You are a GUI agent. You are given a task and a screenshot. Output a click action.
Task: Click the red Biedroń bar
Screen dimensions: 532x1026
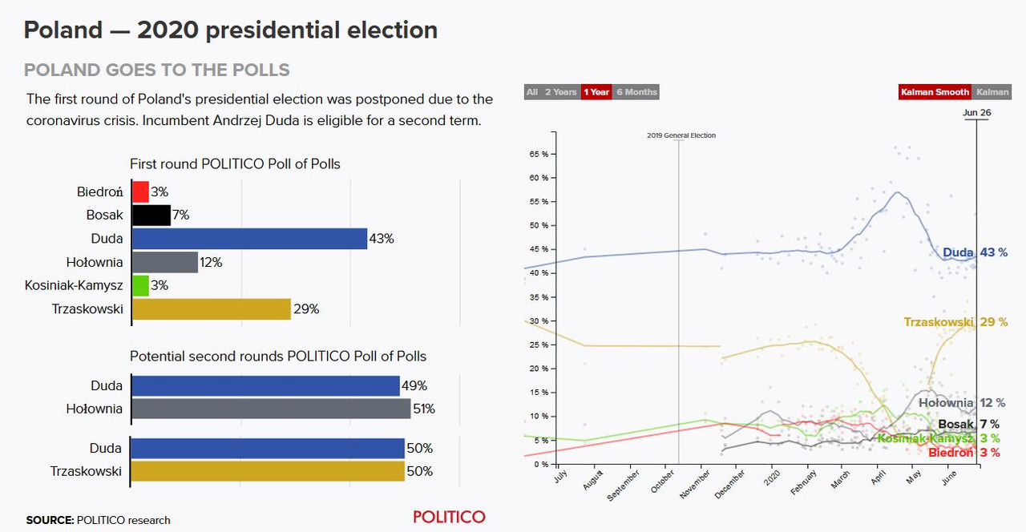coord(140,192)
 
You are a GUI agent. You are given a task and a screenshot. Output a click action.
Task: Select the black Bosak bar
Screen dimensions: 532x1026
coord(151,216)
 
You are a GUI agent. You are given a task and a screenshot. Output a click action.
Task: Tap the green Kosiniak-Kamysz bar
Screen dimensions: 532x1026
coord(140,286)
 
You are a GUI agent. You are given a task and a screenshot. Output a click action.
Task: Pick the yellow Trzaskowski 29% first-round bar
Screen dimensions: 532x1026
coord(211,309)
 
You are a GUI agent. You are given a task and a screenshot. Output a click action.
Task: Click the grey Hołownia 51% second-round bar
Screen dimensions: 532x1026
coord(271,409)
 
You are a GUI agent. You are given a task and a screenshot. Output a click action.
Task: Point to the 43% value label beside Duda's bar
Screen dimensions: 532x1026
coord(382,239)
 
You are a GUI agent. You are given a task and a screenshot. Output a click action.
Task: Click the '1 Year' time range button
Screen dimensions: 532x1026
coord(596,92)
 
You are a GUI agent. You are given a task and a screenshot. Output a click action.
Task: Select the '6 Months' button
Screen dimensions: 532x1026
coord(636,92)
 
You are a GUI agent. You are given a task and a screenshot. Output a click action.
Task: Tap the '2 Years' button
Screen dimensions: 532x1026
coord(560,92)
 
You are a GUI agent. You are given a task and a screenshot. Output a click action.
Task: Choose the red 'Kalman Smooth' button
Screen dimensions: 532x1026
coord(935,92)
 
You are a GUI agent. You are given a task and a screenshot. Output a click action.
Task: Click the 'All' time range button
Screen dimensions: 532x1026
coord(532,92)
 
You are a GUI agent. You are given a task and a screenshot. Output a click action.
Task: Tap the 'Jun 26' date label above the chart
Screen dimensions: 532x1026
coord(976,113)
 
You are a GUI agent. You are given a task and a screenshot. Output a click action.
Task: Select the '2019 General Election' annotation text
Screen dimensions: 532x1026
coord(681,135)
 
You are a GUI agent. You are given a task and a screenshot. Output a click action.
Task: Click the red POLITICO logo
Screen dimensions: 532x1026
coord(449,517)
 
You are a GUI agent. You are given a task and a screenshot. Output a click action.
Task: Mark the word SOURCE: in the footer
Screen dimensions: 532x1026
coord(50,520)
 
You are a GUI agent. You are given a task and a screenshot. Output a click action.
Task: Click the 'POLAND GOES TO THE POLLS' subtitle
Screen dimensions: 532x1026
coord(157,70)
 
